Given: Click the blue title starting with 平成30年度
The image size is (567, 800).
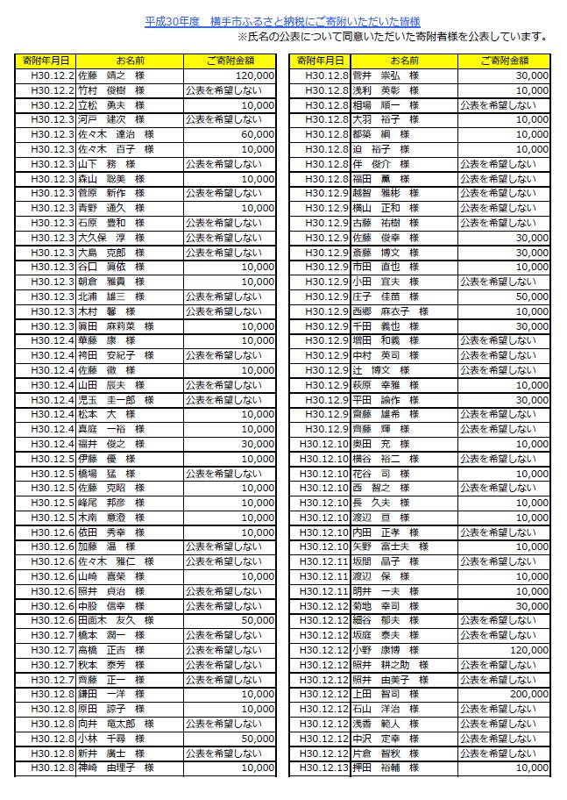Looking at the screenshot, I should coord(283,21).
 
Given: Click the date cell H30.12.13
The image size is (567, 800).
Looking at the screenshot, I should coord(323,768).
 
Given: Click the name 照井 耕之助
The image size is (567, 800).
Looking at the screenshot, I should coord(385,665).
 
